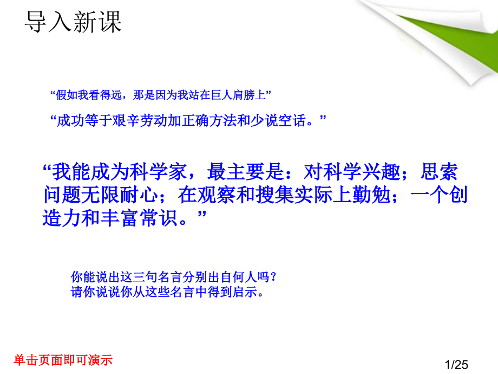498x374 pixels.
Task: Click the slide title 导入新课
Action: click(74, 22)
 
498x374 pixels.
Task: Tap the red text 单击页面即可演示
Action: click(63, 359)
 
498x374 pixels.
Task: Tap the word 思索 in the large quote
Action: click(439, 173)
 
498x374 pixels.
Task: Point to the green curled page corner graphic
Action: click(433, 38)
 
